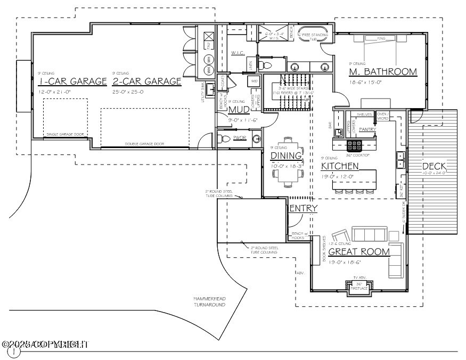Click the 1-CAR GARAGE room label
tap(73, 81)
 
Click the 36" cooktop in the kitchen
tap(355, 144)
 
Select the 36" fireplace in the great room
tap(359, 287)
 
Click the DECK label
tap(434, 167)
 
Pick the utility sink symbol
tap(210, 88)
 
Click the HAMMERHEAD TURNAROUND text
tap(209, 302)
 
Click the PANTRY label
tap(367, 129)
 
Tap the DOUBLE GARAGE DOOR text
tap(144, 144)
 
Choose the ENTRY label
tap(303, 208)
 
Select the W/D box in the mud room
tap(254, 81)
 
